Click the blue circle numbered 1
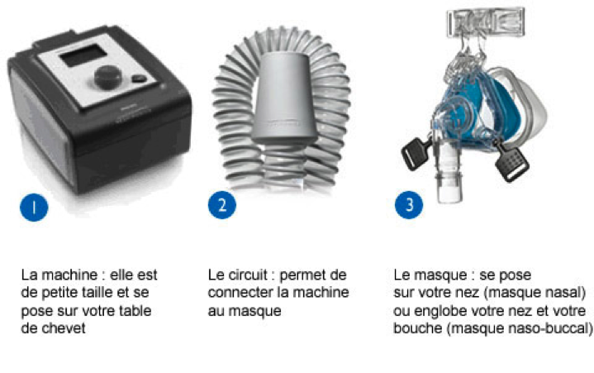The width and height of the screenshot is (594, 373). [34, 207]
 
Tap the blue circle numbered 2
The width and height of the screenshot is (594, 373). [222, 205]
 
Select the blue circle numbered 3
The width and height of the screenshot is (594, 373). [409, 205]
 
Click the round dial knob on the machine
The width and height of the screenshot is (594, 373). [107, 78]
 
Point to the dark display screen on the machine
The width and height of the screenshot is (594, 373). [83, 55]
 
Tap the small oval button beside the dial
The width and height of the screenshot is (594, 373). [140, 79]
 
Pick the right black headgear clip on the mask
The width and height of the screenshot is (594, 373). [511, 163]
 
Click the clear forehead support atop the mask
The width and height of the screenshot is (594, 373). [486, 22]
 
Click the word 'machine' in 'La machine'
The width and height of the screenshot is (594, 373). [69, 275]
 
